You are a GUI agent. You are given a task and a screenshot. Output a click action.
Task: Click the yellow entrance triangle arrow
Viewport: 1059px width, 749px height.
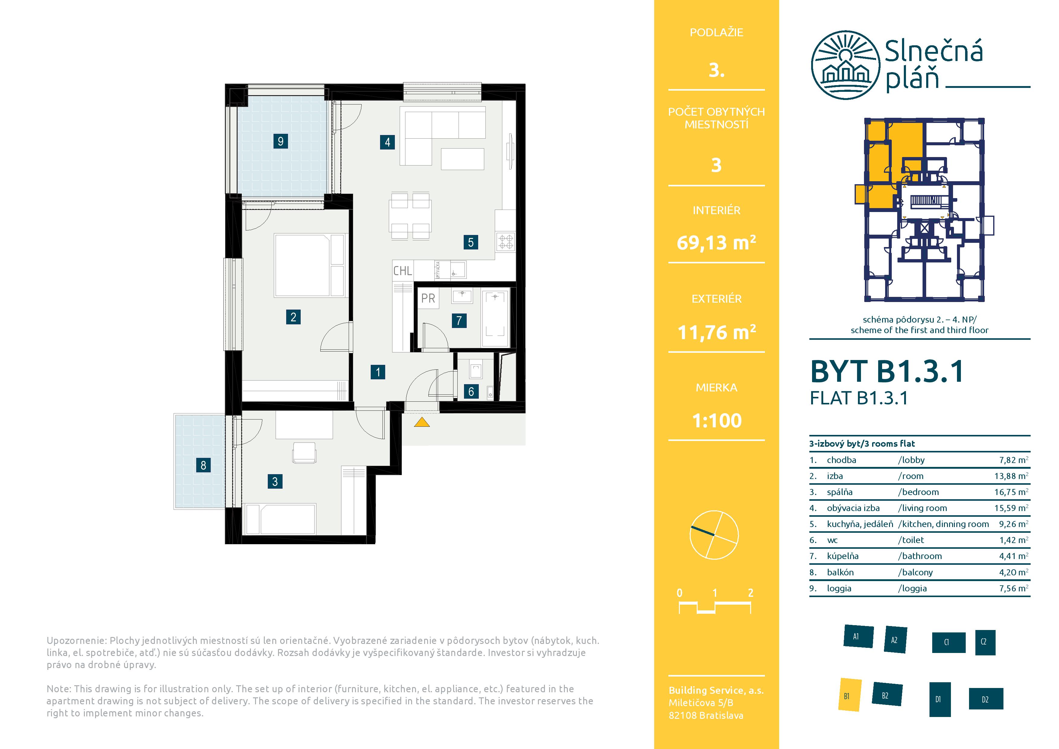coord(421,422)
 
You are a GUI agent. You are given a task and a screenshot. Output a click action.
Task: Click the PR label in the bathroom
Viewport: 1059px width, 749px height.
coord(428,299)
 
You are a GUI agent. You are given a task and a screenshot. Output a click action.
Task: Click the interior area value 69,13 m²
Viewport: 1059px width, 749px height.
coord(716,242)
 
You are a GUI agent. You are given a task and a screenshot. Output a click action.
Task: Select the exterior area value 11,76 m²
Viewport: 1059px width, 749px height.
coord(716,332)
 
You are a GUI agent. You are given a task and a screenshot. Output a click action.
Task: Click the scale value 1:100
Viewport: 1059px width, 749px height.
coord(717,420)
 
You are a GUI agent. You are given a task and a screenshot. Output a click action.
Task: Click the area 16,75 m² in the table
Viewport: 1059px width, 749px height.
coord(1011,492)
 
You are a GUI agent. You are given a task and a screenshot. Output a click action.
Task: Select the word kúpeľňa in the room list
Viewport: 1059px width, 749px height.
coord(843,556)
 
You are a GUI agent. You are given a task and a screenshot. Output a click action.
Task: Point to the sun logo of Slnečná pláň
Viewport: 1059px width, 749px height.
coord(845,65)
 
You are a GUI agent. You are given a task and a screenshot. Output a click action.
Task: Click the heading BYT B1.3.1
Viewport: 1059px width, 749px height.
coord(887,371)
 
